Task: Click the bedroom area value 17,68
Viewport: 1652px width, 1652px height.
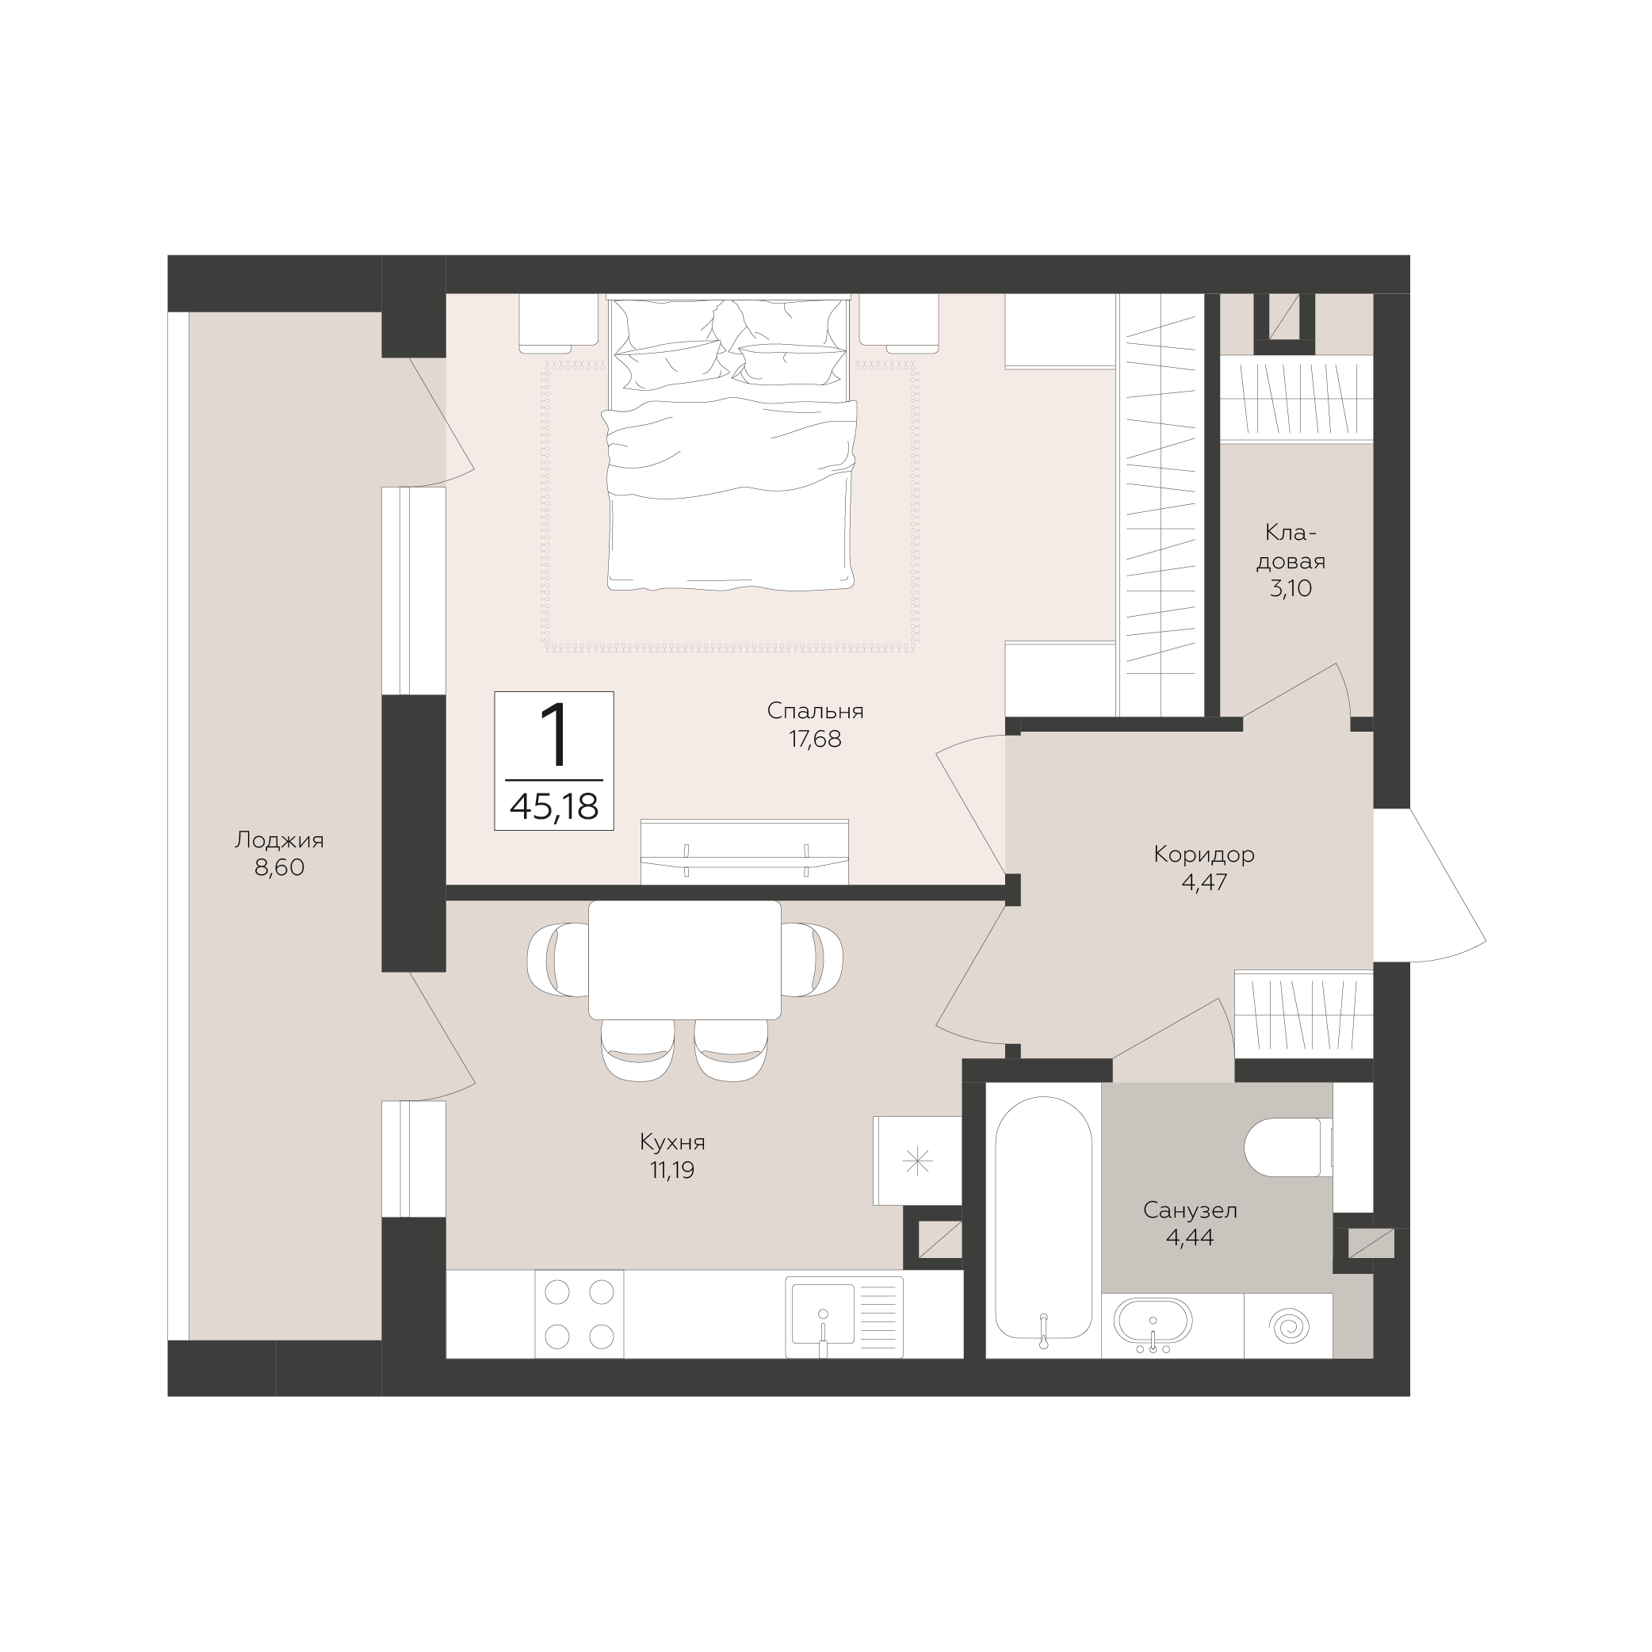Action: (815, 739)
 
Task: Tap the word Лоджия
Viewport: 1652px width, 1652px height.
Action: (280, 840)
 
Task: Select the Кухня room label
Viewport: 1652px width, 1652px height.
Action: (672, 1142)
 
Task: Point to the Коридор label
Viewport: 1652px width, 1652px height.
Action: (1204, 855)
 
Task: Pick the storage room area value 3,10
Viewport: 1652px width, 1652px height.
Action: (1291, 588)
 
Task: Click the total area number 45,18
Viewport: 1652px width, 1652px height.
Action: (554, 805)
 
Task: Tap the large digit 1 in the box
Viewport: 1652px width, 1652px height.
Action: (556, 735)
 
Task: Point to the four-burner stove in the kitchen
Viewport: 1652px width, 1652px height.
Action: (579, 1314)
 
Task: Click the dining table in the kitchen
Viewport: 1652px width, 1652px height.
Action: (685, 960)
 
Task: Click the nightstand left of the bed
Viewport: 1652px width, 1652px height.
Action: (558, 323)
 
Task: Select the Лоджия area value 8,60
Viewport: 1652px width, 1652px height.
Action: (280, 868)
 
